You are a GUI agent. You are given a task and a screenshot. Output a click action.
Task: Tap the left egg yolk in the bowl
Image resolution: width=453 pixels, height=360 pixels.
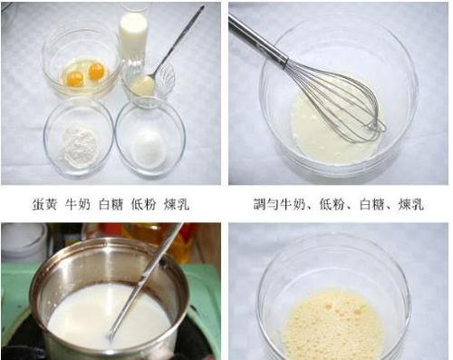(x=75, y=78)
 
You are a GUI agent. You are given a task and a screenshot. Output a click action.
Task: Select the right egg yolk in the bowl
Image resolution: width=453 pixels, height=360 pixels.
(x=95, y=71)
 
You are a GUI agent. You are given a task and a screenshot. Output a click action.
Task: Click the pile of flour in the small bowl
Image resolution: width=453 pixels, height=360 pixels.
(x=79, y=141)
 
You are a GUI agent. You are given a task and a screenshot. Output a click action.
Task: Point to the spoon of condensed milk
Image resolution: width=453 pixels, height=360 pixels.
(x=142, y=84)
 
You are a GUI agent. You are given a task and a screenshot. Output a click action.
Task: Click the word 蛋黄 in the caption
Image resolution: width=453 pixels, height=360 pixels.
(x=43, y=204)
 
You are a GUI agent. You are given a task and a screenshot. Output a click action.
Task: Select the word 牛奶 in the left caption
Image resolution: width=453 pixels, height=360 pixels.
(x=77, y=204)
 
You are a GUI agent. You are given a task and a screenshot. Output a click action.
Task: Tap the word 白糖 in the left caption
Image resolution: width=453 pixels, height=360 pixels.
(x=111, y=204)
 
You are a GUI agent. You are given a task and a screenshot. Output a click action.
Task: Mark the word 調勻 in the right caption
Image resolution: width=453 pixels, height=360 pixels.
(x=264, y=204)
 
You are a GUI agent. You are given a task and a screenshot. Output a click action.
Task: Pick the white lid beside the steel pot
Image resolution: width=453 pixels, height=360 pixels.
(x=20, y=238)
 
